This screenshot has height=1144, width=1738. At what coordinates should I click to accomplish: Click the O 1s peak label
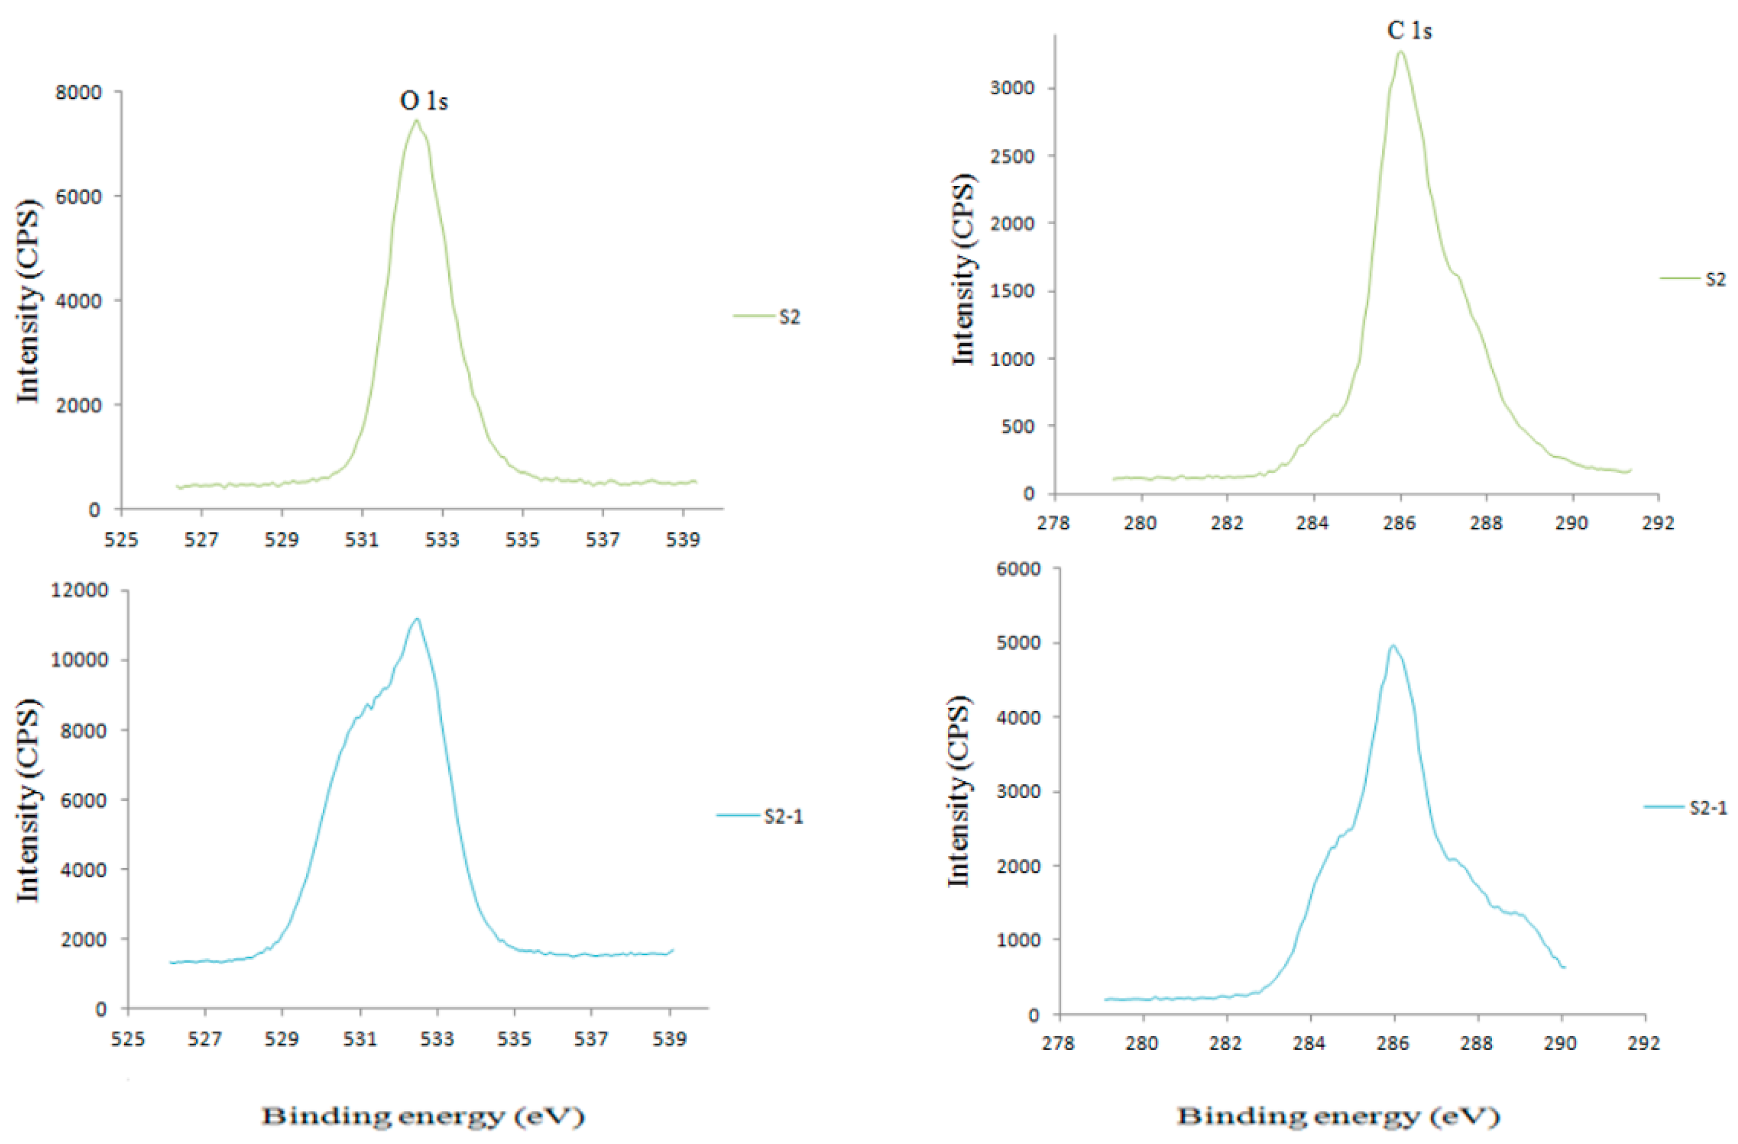pos(423,101)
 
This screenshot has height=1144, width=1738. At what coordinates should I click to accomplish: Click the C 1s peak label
pos(1409,31)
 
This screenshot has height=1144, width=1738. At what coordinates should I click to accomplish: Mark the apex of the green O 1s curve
pos(416,121)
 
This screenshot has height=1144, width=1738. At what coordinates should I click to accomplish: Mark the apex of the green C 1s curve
pos(1401,51)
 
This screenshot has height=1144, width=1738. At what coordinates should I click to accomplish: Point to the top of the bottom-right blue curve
pos(1393,645)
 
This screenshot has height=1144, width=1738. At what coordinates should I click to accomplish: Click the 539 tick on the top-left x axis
pos(683,540)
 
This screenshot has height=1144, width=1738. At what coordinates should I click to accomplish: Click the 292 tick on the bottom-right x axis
pos(1645,1042)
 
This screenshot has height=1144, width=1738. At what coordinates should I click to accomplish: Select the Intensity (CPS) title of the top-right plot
pos(964,270)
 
